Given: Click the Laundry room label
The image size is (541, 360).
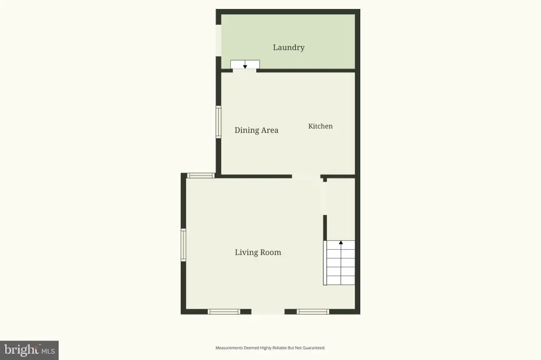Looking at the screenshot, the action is tap(288, 48).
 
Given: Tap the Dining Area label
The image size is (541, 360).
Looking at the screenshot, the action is tap(256, 130).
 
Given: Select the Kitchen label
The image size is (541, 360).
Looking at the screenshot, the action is tap(321, 126).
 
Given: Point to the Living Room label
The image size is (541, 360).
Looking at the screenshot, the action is tap(258, 252).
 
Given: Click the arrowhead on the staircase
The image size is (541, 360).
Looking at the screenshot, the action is tap(341, 243).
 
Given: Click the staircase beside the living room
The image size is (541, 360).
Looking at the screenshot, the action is tap(339, 263).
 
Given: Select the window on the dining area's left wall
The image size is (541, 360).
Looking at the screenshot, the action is tap(218, 122).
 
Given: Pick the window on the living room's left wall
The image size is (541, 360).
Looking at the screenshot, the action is tap(183, 245).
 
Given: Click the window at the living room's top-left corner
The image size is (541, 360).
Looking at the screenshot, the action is tap(201, 176).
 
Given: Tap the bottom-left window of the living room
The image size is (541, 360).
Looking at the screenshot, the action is tap(224, 312).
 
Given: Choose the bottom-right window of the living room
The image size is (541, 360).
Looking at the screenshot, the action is tap(313, 312).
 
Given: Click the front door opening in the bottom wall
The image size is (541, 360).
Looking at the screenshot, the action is tap(268, 312).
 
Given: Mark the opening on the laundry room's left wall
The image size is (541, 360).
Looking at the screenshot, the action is tap(218, 40).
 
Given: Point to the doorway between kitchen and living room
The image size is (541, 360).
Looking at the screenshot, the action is tap(306, 176).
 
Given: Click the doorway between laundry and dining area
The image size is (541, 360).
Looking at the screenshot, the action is tap(245, 71).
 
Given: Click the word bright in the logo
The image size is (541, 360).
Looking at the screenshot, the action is tap(21, 350).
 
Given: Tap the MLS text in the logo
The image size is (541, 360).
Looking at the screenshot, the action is tap(48, 352).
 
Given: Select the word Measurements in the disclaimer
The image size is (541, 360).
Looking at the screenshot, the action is tap(229, 348).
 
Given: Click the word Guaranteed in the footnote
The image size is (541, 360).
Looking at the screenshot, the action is tap(314, 348).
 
